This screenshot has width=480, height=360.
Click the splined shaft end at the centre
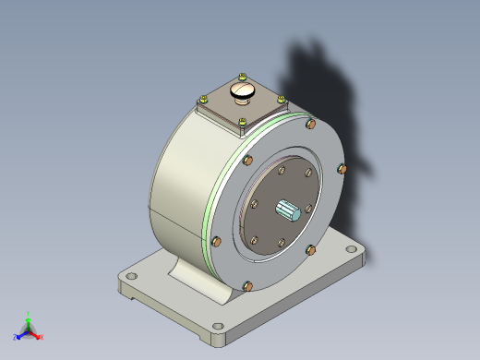tap(289, 210)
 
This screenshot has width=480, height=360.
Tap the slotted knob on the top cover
tap(244, 91)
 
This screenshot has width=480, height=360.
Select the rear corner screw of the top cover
tap(242, 77)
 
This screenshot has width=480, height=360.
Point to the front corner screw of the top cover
tap(242, 122)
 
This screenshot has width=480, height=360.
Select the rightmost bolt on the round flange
tap(342, 169)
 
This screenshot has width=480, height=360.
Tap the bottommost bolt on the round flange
tap(247, 285)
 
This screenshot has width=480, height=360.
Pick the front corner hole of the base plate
tap(219, 326)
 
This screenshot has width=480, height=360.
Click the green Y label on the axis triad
tap(29, 314)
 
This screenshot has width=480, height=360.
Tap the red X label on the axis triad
tap(42, 338)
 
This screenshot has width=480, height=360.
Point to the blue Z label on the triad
tap(16, 338)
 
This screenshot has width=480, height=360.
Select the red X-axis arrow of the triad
tap(35, 334)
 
